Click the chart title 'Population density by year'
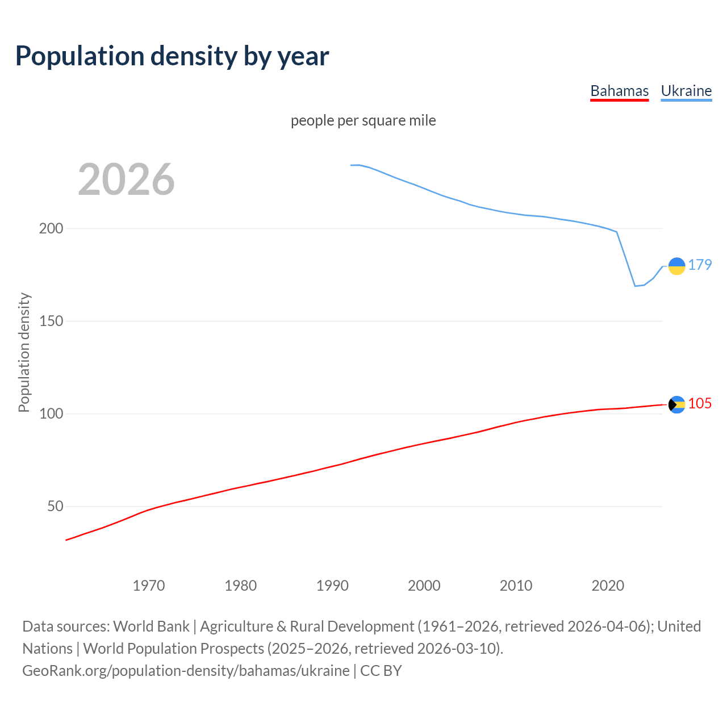click(x=172, y=56)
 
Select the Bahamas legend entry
click(x=619, y=91)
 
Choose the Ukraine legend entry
click(x=686, y=91)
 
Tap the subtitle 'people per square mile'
click(x=363, y=120)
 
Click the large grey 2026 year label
click(x=126, y=179)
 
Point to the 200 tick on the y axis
click(x=51, y=229)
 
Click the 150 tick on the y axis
click(x=51, y=321)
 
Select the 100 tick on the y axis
click(x=51, y=414)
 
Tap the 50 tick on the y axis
click(x=55, y=507)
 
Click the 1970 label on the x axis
click(x=149, y=586)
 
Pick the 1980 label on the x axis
click(x=241, y=586)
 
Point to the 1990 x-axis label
click(x=332, y=586)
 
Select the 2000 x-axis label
click(x=424, y=586)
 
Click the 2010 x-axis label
click(x=516, y=586)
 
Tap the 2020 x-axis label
click(x=608, y=586)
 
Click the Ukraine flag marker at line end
click(x=676, y=266)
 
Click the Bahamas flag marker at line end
click(x=676, y=404)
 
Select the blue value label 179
click(x=700, y=265)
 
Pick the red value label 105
click(x=700, y=404)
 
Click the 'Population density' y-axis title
click(x=24, y=352)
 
